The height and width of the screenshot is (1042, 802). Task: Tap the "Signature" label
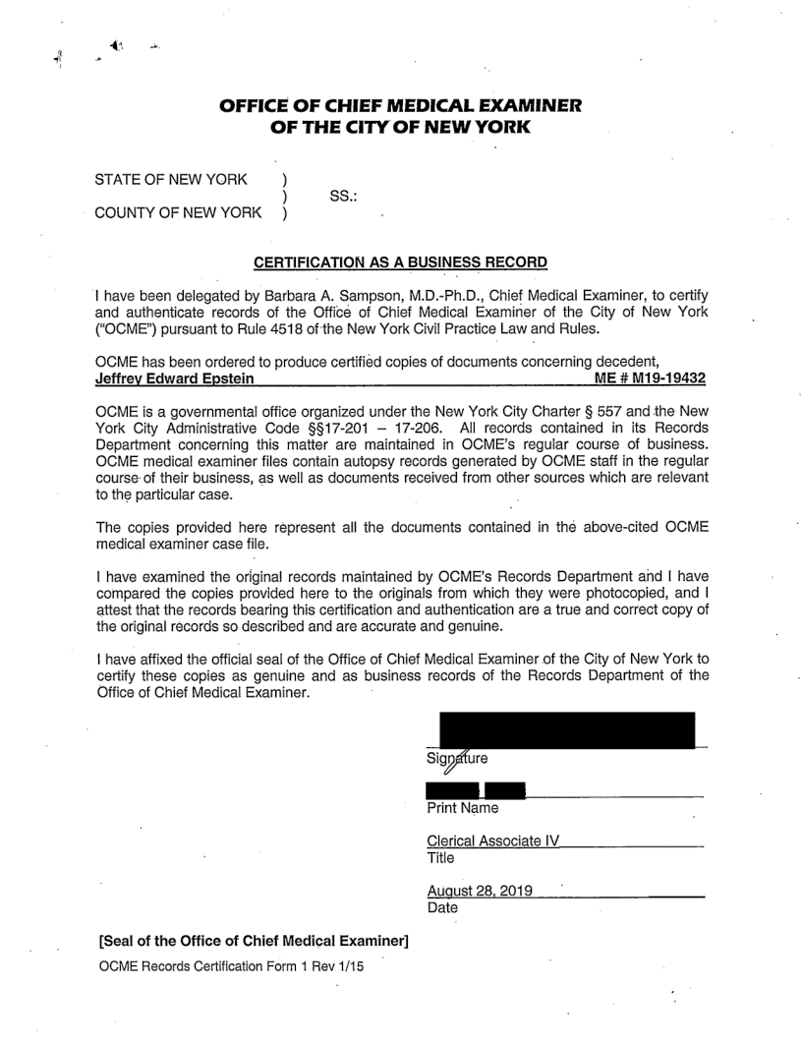(458, 758)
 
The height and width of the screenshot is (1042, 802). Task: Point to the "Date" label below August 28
(443, 908)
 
